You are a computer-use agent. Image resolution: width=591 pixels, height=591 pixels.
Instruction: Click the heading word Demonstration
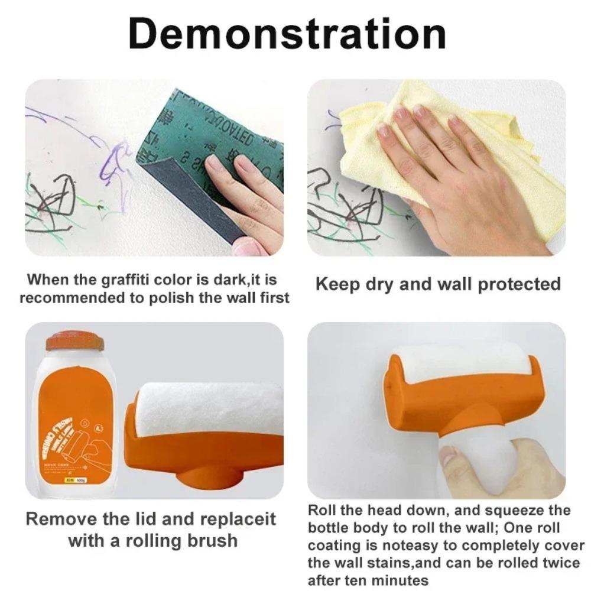click(x=287, y=35)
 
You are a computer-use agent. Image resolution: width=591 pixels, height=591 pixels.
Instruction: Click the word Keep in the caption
click(x=337, y=284)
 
